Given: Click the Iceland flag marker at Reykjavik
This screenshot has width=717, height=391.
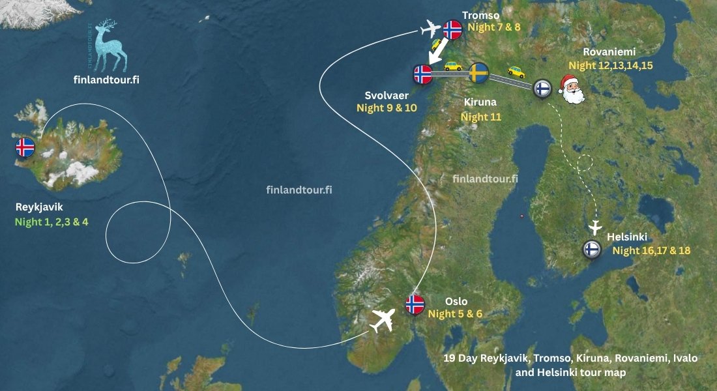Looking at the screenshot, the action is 25,147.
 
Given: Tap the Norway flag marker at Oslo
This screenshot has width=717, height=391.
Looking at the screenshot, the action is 415,304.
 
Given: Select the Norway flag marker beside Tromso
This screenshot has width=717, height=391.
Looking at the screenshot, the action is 452,29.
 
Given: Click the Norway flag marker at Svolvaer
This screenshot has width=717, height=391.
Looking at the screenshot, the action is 423,74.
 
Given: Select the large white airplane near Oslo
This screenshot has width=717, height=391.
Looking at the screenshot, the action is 383,320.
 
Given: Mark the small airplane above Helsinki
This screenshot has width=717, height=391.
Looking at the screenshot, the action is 594,228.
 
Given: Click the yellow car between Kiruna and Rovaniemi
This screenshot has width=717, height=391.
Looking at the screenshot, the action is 516,72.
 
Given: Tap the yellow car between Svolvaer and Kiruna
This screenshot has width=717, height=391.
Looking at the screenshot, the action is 452,66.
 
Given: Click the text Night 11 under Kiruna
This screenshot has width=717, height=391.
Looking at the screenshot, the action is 478,117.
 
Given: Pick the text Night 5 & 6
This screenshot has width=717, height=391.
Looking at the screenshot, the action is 455,313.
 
